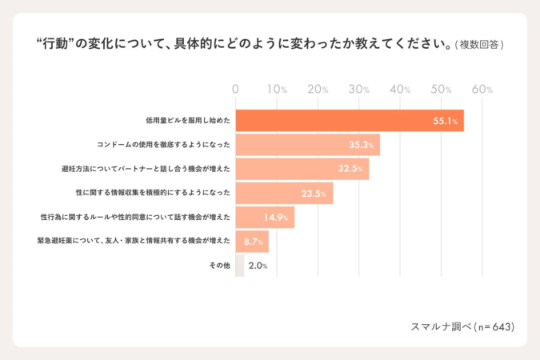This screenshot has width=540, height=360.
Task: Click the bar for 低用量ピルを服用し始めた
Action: [x=349, y=121]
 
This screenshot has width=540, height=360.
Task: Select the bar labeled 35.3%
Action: [x=307, y=145]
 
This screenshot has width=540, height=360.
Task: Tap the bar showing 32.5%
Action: [x=302, y=169]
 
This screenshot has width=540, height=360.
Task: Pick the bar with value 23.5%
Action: [x=283, y=193]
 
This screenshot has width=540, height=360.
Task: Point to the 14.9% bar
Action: [x=265, y=217]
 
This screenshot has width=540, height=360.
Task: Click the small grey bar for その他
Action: [x=239, y=265]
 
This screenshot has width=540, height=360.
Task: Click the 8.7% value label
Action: [x=255, y=241]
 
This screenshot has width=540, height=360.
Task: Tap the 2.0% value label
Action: [x=258, y=266]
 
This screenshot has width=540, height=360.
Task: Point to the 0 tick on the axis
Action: [x=235, y=90]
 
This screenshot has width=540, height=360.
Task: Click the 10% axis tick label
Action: [x=277, y=90]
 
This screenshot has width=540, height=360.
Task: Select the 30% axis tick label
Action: [x=359, y=90]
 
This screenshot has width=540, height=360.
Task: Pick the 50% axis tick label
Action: [x=442, y=90]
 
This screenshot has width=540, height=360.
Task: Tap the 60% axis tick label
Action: [x=482, y=90]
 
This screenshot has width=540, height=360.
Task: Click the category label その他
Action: [x=221, y=265]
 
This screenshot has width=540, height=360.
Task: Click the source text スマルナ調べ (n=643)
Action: [x=462, y=326]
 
